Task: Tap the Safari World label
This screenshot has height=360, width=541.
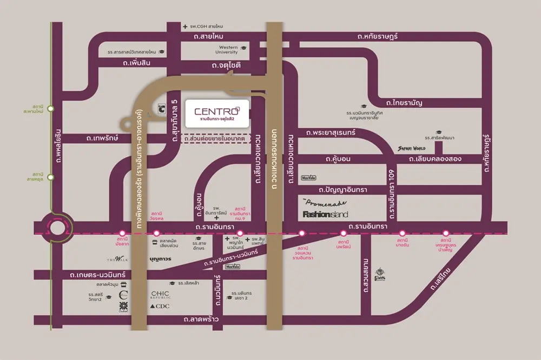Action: [x=412, y=148]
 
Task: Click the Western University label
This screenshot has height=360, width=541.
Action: [x=226, y=50]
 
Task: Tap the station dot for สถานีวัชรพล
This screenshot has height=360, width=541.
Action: [x=156, y=234]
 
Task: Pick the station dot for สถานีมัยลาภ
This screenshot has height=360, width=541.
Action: [x=122, y=234]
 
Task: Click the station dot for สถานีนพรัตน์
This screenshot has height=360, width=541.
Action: [x=343, y=234]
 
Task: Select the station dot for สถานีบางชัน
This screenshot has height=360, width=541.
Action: [x=401, y=234]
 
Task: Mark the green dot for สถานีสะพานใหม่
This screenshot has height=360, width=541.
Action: [x=51, y=109]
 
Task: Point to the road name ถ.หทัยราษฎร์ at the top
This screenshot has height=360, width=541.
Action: [x=378, y=36]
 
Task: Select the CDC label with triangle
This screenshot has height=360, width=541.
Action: [x=160, y=306]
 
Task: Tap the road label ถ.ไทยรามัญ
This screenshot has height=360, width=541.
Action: [x=404, y=102]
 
